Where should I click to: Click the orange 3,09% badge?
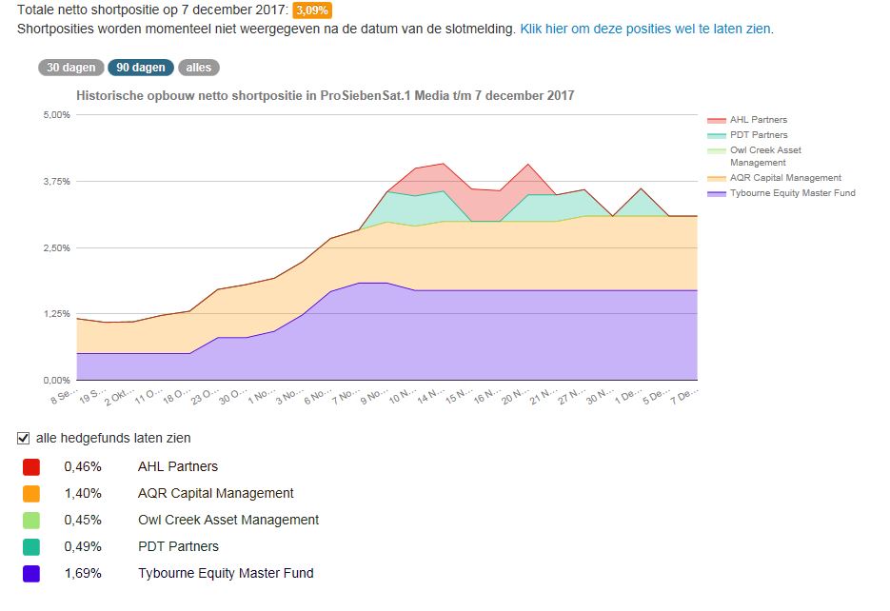pyautogui.click(x=313, y=10)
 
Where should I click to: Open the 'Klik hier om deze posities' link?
pyautogui.click(x=646, y=29)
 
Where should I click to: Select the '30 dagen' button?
pyautogui.click(x=70, y=68)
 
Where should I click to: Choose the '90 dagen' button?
pyautogui.click(x=141, y=68)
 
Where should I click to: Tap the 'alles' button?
pyautogui.click(x=198, y=68)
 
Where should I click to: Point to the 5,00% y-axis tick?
pyautogui.click(x=57, y=115)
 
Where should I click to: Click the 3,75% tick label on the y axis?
pyautogui.click(x=57, y=182)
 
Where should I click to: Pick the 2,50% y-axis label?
pyautogui.click(x=57, y=247)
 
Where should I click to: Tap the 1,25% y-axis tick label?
pyautogui.click(x=57, y=314)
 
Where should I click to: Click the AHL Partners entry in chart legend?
pyautogui.click(x=758, y=120)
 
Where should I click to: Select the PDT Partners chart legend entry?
pyautogui.click(x=758, y=135)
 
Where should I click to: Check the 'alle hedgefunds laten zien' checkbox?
pyautogui.click(x=24, y=438)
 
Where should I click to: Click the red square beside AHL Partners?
pyautogui.click(x=31, y=467)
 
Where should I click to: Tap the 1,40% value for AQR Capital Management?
pyautogui.click(x=83, y=493)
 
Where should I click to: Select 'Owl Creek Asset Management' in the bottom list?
pyautogui.click(x=228, y=520)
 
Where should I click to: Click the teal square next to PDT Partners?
pyautogui.click(x=31, y=547)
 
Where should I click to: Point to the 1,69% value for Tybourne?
pyautogui.click(x=83, y=573)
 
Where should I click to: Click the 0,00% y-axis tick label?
pyautogui.click(x=57, y=380)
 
